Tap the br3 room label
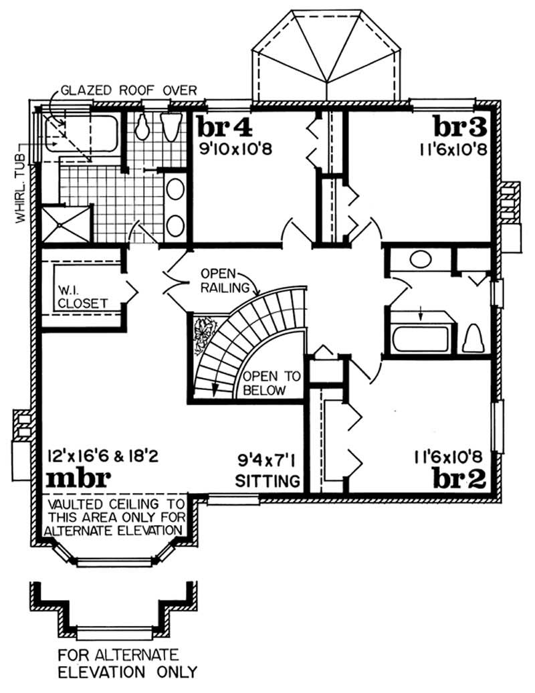459,126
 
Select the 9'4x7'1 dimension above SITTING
267,460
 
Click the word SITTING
267,480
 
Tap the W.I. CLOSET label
81,296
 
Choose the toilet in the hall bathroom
472,338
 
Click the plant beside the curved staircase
203,335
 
